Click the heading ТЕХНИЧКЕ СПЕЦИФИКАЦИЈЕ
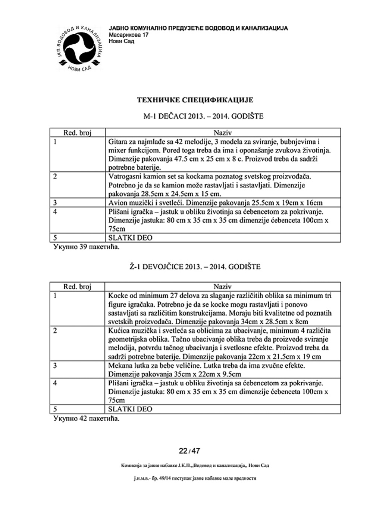click(x=195, y=100)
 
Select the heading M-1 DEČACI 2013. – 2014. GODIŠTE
click(x=203, y=116)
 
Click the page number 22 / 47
click(x=189, y=451)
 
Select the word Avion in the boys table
click(x=117, y=203)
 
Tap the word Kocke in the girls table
click(x=117, y=296)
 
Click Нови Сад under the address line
click(x=122, y=41)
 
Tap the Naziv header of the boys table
click(x=223, y=133)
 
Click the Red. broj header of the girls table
click(x=78, y=287)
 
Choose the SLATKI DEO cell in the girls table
click(x=130, y=409)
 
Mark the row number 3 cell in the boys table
click(x=55, y=203)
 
